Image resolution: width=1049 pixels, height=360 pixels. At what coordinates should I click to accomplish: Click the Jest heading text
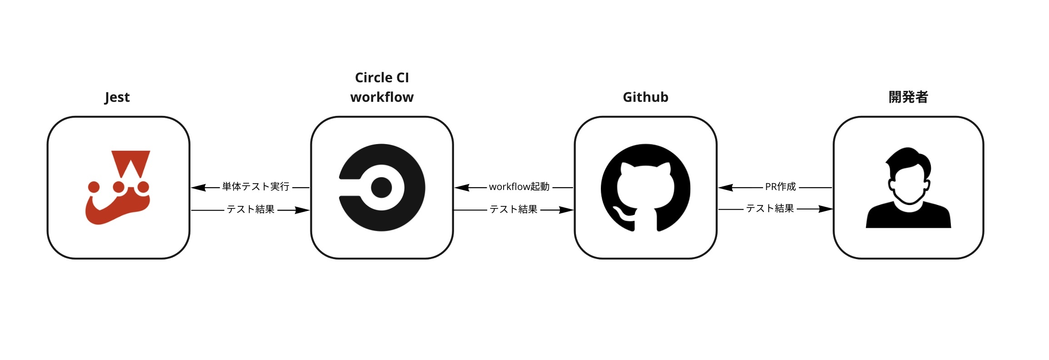(117, 97)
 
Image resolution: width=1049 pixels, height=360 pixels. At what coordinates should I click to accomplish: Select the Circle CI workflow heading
(382, 87)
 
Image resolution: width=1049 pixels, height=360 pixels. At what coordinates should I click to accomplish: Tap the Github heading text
(645, 97)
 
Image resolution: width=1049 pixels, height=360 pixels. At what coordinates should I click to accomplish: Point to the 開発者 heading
(908, 97)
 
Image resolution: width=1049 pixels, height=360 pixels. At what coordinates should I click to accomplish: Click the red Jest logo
(118, 187)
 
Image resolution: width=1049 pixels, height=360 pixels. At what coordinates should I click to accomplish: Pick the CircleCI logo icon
(382, 187)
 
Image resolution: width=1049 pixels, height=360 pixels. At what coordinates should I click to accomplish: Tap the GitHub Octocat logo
(645, 188)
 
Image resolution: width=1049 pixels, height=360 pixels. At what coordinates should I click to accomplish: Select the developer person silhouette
(908, 187)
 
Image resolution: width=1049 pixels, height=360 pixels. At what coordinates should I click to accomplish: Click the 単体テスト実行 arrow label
(255, 187)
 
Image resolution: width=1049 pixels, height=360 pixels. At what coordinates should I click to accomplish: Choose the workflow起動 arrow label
(519, 187)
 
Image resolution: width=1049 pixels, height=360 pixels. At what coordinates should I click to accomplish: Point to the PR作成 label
(780, 187)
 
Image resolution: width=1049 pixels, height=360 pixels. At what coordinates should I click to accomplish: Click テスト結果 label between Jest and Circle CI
(250, 210)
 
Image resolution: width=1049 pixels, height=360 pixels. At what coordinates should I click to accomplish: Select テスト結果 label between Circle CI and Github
(514, 210)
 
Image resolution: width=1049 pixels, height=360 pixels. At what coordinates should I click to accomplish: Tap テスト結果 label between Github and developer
(770, 209)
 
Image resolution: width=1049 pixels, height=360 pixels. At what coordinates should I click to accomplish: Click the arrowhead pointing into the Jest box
(199, 187)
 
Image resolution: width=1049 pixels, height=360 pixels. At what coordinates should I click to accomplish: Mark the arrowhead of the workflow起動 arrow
(462, 187)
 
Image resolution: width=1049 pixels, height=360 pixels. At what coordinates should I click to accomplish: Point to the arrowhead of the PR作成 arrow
(726, 187)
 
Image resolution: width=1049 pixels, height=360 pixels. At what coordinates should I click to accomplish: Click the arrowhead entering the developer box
(825, 209)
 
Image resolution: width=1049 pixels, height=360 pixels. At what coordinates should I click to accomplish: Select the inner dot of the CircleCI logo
(381, 187)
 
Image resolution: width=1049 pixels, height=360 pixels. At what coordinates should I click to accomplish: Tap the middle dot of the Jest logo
(119, 187)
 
